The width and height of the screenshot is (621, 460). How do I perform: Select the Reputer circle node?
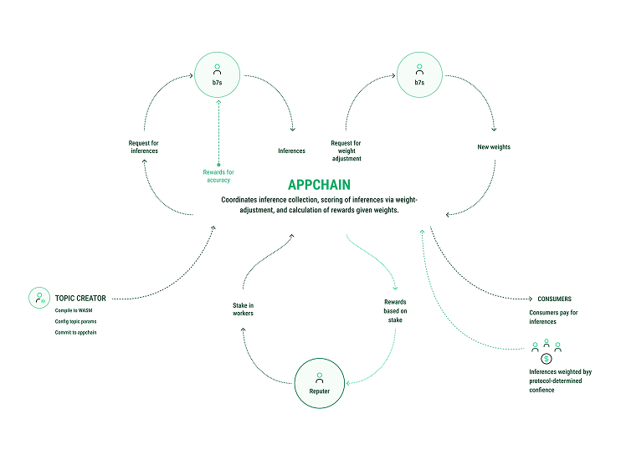click(x=319, y=385)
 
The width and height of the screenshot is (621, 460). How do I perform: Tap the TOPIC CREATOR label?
click(x=80, y=298)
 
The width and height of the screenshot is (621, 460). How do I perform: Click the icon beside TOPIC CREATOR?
click(x=38, y=298)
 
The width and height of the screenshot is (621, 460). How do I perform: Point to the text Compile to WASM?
click(x=74, y=310)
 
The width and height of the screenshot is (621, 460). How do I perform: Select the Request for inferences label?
click(x=138, y=147)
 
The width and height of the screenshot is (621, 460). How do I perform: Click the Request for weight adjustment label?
click(x=346, y=151)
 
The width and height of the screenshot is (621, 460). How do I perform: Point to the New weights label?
click(x=493, y=147)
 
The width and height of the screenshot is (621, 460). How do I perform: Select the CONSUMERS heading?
click(x=553, y=299)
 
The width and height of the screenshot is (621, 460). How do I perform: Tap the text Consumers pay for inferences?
click(x=553, y=317)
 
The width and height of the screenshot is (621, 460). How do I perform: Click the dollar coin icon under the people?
click(x=546, y=358)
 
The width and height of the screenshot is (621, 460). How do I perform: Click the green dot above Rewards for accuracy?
click(x=218, y=164)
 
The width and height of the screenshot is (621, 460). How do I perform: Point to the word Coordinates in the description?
click(x=242, y=200)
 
